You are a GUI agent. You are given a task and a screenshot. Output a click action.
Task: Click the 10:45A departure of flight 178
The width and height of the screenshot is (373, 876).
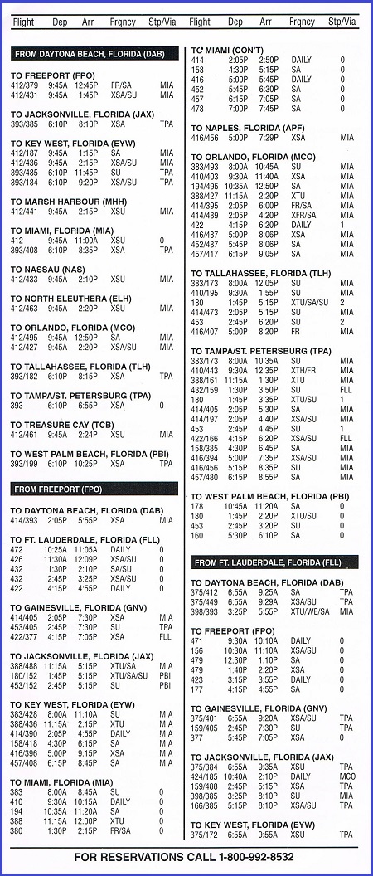[235, 506]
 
